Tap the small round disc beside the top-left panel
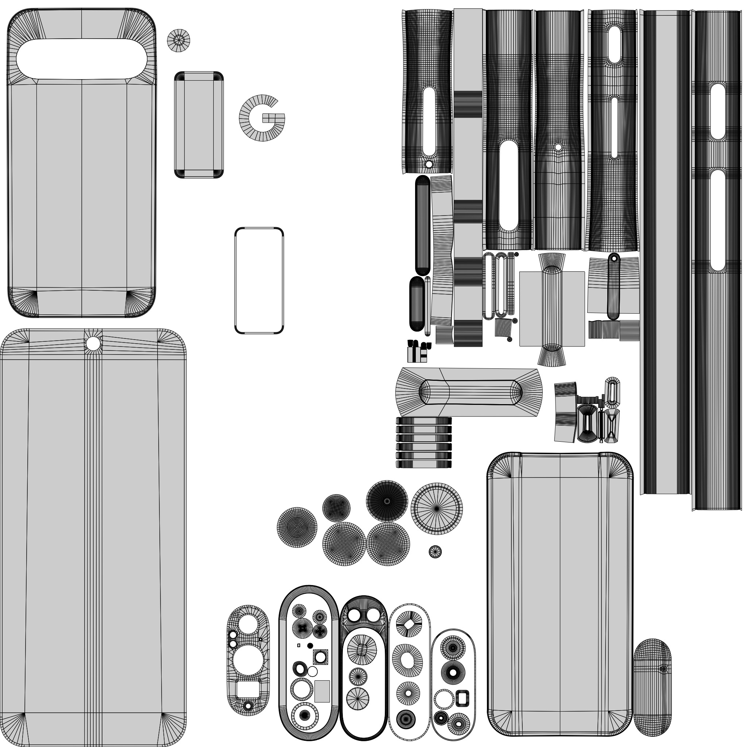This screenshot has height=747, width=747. (179, 40)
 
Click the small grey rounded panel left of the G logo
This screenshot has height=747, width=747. (200, 125)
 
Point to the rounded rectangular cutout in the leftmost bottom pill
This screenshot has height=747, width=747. (249, 690)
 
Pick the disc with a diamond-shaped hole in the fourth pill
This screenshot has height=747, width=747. (408, 624)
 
